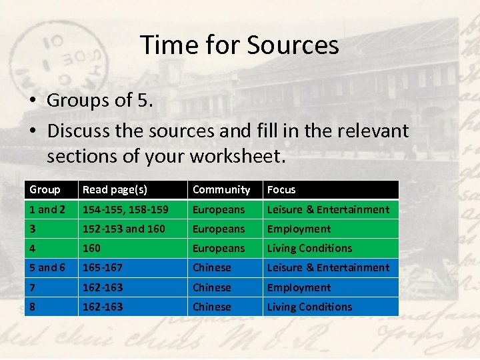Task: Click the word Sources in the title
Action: pyautogui.click(x=293, y=45)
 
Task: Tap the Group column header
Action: pyautogui.click(x=45, y=190)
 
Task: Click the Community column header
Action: pyautogui.click(x=221, y=190)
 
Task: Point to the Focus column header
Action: pyautogui.click(x=281, y=190)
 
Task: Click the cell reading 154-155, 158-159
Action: pyautogui.click(x=125, y=209)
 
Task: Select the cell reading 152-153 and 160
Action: pyautogui.click(x=124, y=229)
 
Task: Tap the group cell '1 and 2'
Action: pyautogui.click(x=47, y=209)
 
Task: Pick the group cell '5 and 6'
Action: pyautogui.click(x=47, y=267)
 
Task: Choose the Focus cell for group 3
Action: pyautogui.click(x=299, y=229)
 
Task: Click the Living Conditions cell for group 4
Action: pyautogui.click(x=309, y=248)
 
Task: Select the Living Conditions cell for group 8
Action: pyautogui.click(x=309, y=307)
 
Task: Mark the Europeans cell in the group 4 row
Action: pyautogui.click(x=219, y=248)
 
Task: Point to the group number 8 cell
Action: pyautogui.click(x=33, y=307)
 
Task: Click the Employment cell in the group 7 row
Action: pyautogui.click(x=299, y=287)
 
